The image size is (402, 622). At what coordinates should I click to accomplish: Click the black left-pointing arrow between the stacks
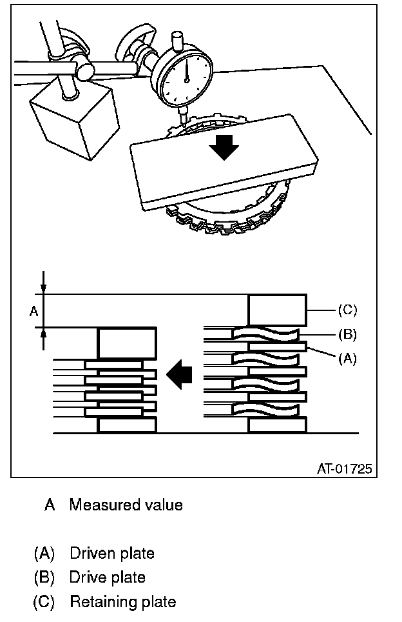click(x=179, y=374)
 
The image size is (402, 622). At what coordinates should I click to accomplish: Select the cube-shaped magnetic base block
click(x=75, y=119)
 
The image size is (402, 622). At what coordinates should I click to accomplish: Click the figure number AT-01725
click(x=344, y=469)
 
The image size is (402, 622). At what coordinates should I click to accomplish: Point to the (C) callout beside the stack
click(x=347, y=310)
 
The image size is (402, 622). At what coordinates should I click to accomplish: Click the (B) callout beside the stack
click(x=347, y=334)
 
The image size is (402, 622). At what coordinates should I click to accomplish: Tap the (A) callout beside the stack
click(x=347, y=359)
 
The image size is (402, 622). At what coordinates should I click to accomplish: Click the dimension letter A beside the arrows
click(x=34, y=312)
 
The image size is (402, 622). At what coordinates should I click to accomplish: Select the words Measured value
click(x=126, y=505)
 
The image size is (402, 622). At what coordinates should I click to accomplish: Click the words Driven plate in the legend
click(x=112, y=553)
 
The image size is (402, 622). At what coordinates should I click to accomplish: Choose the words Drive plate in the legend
click(x=108, y=577)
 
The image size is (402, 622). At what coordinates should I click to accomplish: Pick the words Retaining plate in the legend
click(x=123, y=602)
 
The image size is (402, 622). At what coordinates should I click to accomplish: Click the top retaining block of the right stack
click(x=277, y=310)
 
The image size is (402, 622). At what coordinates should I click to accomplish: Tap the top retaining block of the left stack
click(x=127, y=343)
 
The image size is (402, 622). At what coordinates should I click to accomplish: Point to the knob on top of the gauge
click(x=177, y=40)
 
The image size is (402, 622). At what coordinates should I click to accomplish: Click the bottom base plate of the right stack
click(x=277, y=425)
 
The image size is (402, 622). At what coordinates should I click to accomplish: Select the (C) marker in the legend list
click(x=44, y=602)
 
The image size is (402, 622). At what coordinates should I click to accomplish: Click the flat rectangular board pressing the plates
click(x=224, y=162)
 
